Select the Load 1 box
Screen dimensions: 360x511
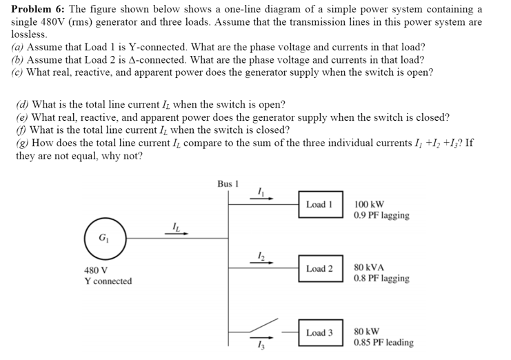[320, 205]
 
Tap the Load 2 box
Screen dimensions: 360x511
[320, 268]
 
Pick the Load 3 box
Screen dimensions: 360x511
[320, 332]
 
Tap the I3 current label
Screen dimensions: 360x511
[261, 346]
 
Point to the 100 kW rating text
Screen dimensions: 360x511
[370, 205]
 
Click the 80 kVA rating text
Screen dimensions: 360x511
[370, 268]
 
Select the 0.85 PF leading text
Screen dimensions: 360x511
[383, 342]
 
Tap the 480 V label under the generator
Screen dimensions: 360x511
[95, 270]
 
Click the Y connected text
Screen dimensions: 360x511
[108, 281]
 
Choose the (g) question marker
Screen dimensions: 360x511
[22, 142]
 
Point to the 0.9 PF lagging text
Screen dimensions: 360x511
[381, 215]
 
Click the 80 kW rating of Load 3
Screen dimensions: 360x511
[368, 331]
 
